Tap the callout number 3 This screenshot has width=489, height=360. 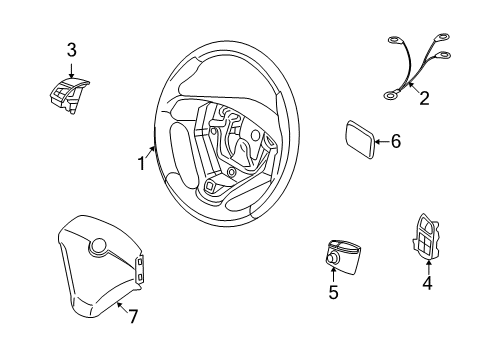click(x=71, y=49)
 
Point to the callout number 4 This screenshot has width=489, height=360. click(x=428, y=284)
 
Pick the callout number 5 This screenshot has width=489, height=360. click(x=333, y=292)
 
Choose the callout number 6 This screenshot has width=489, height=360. click(x=395, y=142)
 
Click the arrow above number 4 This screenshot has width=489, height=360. click(x=428, y=266)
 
